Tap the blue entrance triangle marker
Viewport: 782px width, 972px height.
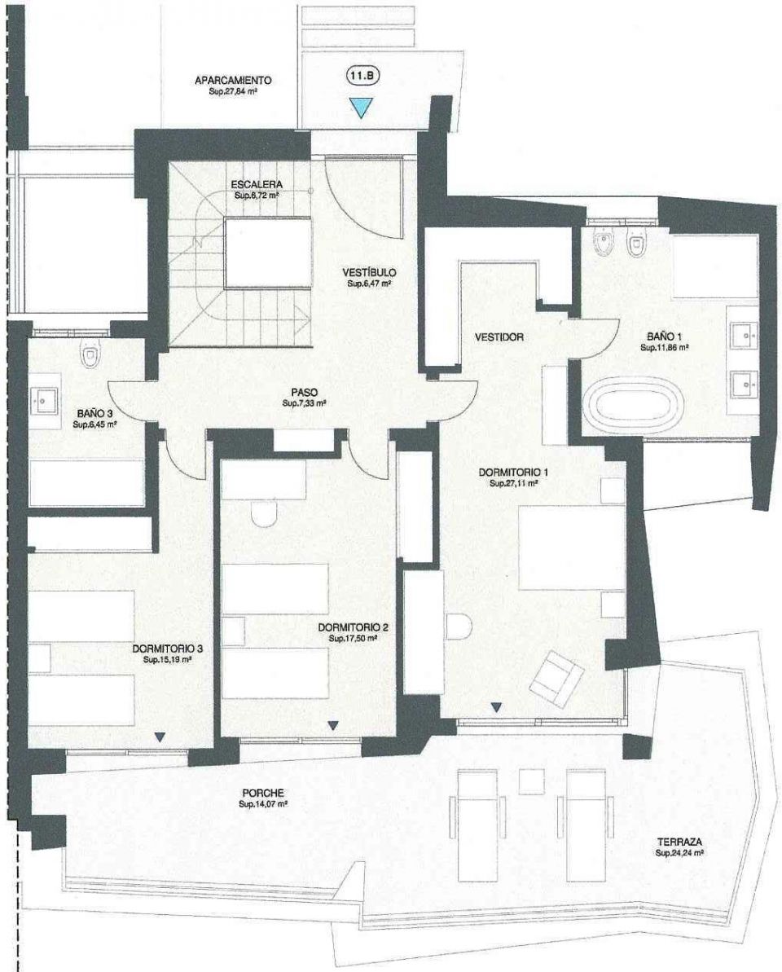(x=360, y=107)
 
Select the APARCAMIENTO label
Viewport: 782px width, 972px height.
(x=232, y=81)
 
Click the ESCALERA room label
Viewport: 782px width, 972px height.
(x=257, y=185)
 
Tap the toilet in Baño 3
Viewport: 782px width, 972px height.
(x=90, y=355)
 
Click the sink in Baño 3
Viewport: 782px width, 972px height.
(x=43, y=400)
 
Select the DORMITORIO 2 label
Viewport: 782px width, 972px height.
(x=354, y=628)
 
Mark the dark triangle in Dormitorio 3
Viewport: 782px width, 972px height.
(x=160, y=737)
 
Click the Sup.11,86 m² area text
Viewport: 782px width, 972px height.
(x=666, y=347)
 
